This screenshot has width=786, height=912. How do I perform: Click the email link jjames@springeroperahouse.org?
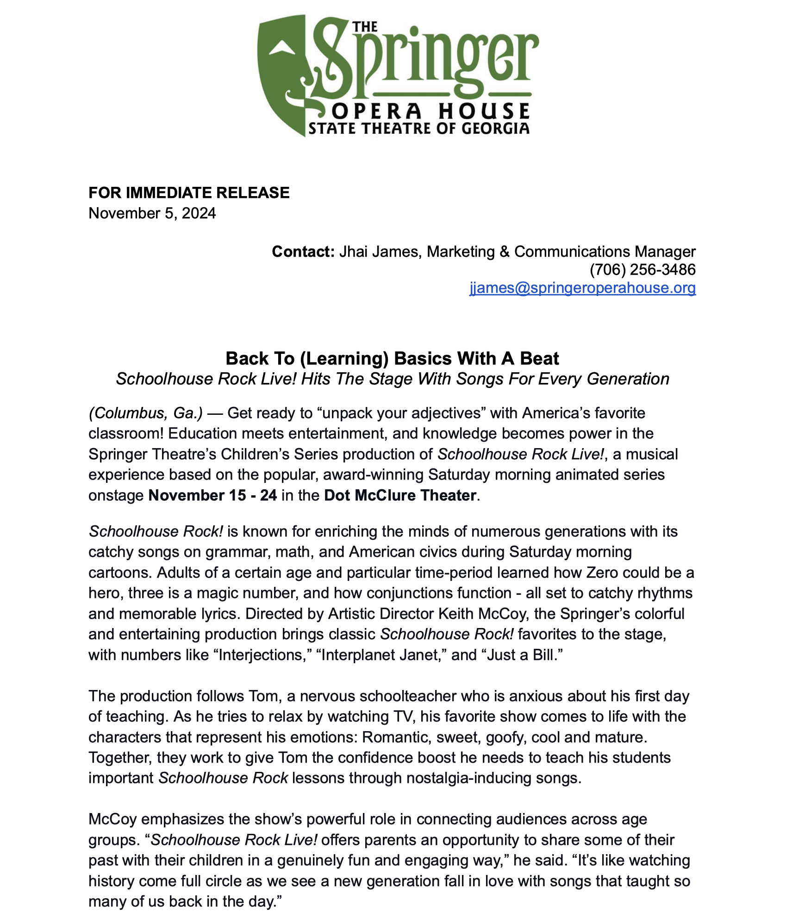[x=582, y=288]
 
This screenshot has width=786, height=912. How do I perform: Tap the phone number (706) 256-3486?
[x=643, y=269]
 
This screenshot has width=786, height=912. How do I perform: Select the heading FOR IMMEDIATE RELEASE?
[x=189, y=192]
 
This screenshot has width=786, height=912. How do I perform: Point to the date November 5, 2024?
[x=152, y=213]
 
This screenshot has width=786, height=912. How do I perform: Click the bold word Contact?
[x=303, y=251]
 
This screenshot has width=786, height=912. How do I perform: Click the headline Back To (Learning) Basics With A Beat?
[x=392, y=358]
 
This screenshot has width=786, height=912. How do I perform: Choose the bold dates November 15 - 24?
[x=212, y=495]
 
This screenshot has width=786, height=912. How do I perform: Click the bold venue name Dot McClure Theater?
[x=400, y=495]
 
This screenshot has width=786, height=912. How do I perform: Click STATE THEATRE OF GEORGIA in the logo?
[x=419, y=128]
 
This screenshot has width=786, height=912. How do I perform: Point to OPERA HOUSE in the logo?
[x=430, y=111]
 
